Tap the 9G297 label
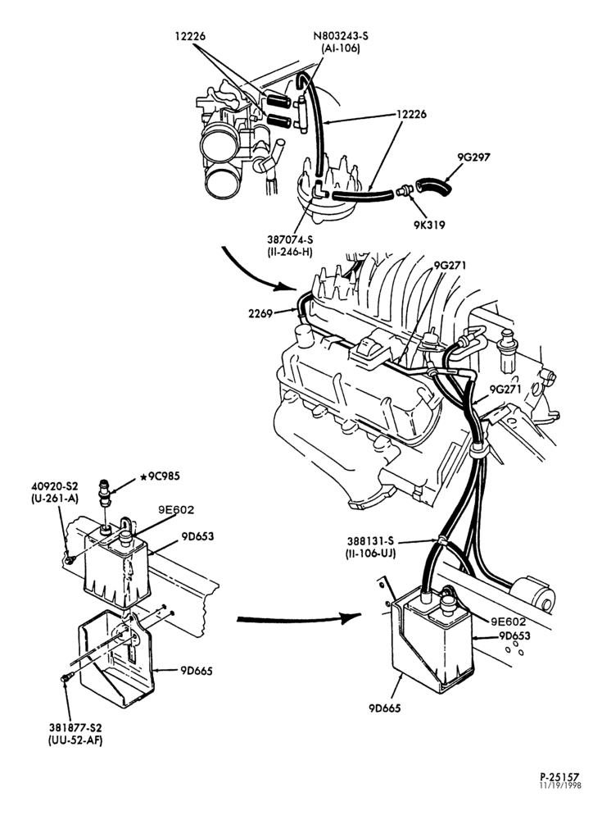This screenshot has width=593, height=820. click(x=474, y=157)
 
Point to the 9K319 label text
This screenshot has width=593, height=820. click(x=428, y=225)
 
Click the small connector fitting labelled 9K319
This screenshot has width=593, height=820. click(x=403, y=191)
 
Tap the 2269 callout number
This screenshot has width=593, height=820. click(x=260, y=314)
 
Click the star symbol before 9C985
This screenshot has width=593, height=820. click(x=142, y=476)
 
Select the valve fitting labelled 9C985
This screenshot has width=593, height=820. click(x=105, y=493)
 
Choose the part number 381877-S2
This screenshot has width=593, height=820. click(x=75, y=727)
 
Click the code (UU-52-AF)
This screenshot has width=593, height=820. click(x=75, y=740)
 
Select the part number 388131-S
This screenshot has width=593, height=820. click(x=369, y=541)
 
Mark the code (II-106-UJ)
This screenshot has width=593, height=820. click(x=370, y=553)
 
